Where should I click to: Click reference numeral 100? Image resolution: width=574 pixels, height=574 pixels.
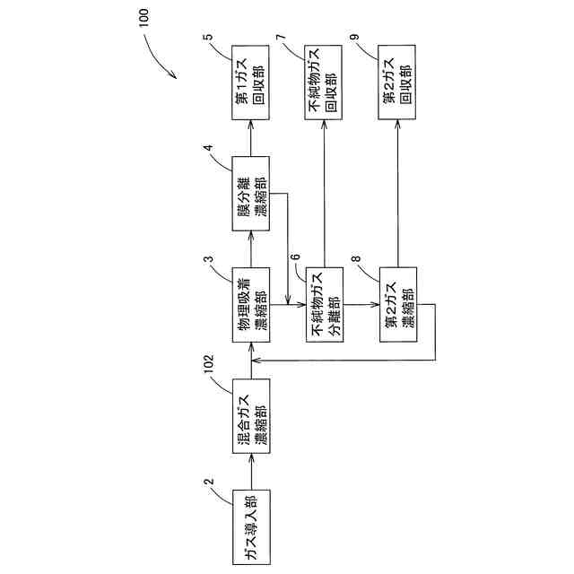(147, 18)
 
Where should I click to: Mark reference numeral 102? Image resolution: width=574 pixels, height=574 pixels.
(210, 367)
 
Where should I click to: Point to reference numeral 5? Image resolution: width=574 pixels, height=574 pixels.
(208, 39)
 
